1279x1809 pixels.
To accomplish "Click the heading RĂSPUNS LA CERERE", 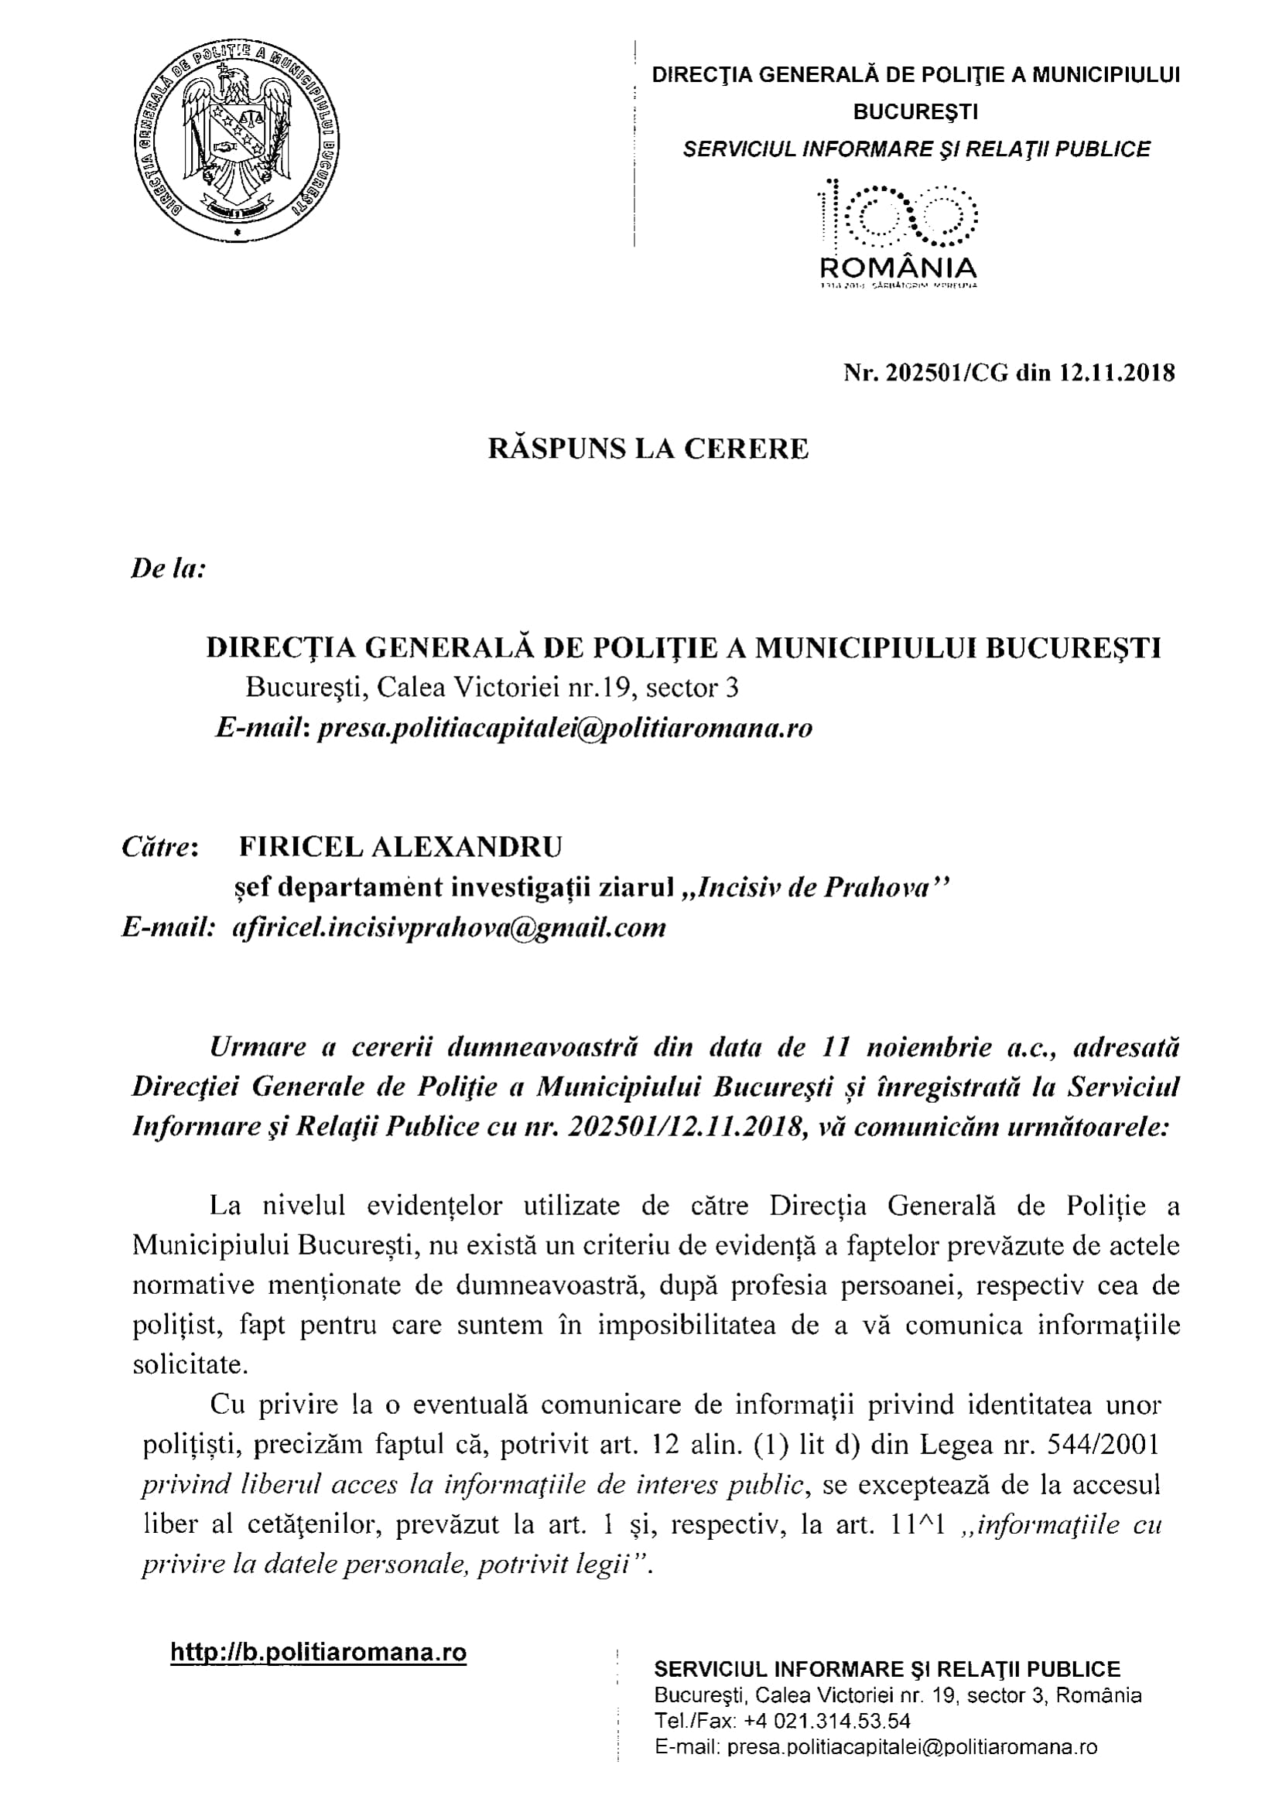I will tap(648, 449).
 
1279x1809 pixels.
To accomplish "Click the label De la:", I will tap(168, 568).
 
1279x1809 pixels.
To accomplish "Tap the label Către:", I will tap(160, 847).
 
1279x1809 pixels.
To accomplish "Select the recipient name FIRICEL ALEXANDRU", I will tap(400, 847).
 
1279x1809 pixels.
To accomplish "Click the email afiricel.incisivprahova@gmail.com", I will tap(450, 927).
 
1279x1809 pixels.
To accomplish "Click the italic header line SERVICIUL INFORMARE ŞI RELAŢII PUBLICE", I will tap(915, 149).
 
